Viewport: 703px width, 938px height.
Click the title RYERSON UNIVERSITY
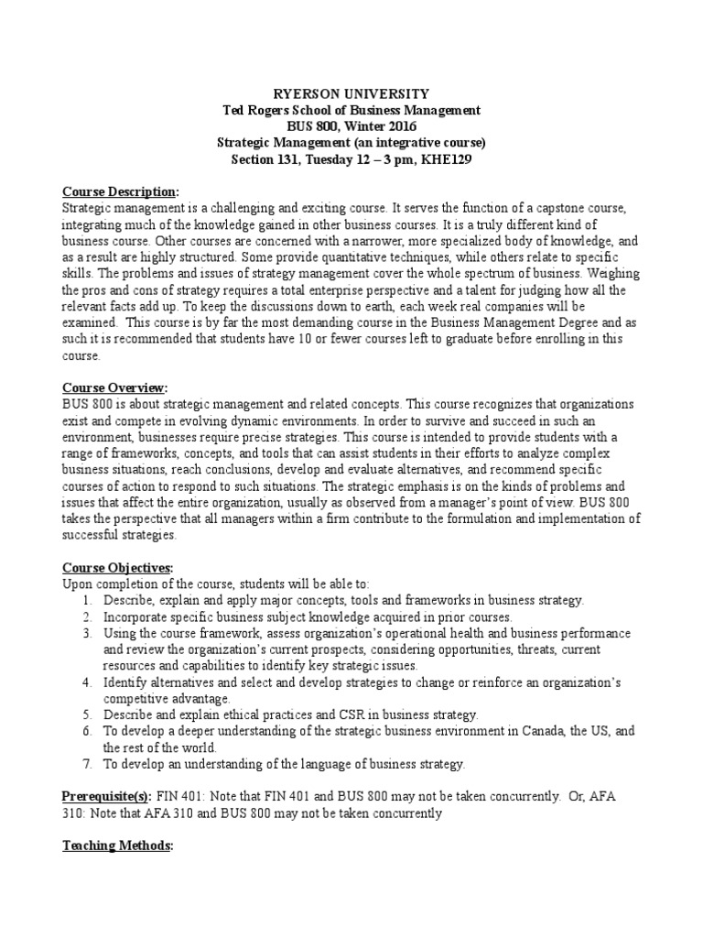pos(351,94)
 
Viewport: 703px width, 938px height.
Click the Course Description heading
pos(119,191)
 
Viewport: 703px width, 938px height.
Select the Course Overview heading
pos(114,388)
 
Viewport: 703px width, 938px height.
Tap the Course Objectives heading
pos(115,568)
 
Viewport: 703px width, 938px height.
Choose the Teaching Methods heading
pos(116,846)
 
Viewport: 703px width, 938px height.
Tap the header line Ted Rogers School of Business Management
pos(351,111)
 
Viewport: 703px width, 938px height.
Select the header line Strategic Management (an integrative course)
pos(351,143)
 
